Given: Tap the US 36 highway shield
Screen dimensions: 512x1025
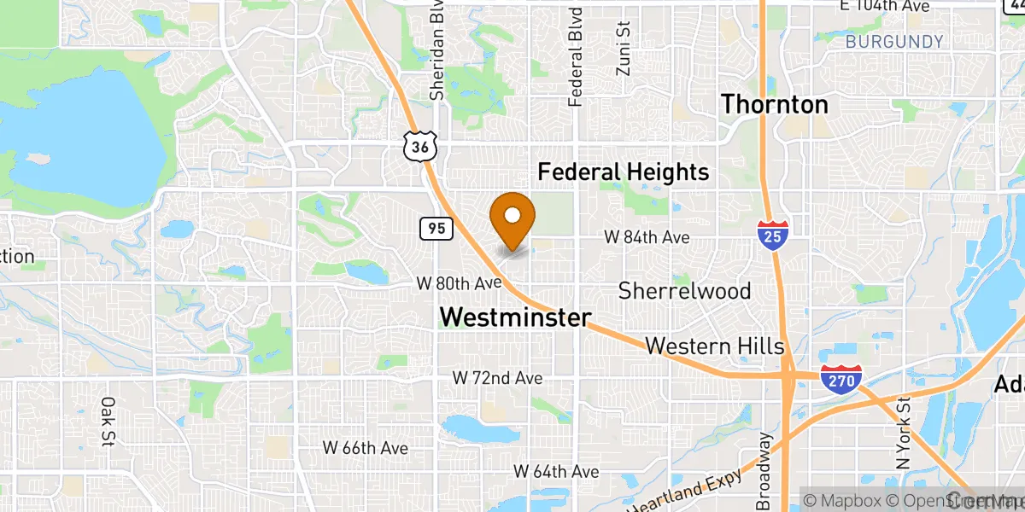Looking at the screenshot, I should coord(420,147).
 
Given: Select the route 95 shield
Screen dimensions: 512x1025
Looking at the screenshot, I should coord(436,229).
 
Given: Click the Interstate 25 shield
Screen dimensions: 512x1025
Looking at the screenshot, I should coord(771,235).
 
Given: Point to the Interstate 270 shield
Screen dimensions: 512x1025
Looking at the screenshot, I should coord(840,379).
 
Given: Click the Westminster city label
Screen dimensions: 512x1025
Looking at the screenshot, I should coord(515,317).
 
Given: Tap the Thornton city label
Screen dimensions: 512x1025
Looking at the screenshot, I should coord(775,105).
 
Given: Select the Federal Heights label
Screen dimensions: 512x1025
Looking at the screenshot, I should coord(624,172).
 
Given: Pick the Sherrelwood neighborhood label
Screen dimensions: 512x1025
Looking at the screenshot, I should coord(685,291).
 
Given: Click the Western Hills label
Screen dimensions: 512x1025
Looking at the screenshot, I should coord(714,346).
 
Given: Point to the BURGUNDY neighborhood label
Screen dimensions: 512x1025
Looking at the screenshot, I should coord(894,42).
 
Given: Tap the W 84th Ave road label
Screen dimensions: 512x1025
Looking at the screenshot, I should coord(647,238).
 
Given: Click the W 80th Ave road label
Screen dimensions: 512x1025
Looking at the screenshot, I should coord(458,282).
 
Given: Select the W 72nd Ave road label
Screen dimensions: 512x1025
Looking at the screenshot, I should coord(497,377).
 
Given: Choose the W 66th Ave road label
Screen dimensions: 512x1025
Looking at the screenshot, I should coord(365,447).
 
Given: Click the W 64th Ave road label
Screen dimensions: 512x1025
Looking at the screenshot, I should coord(556,471).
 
